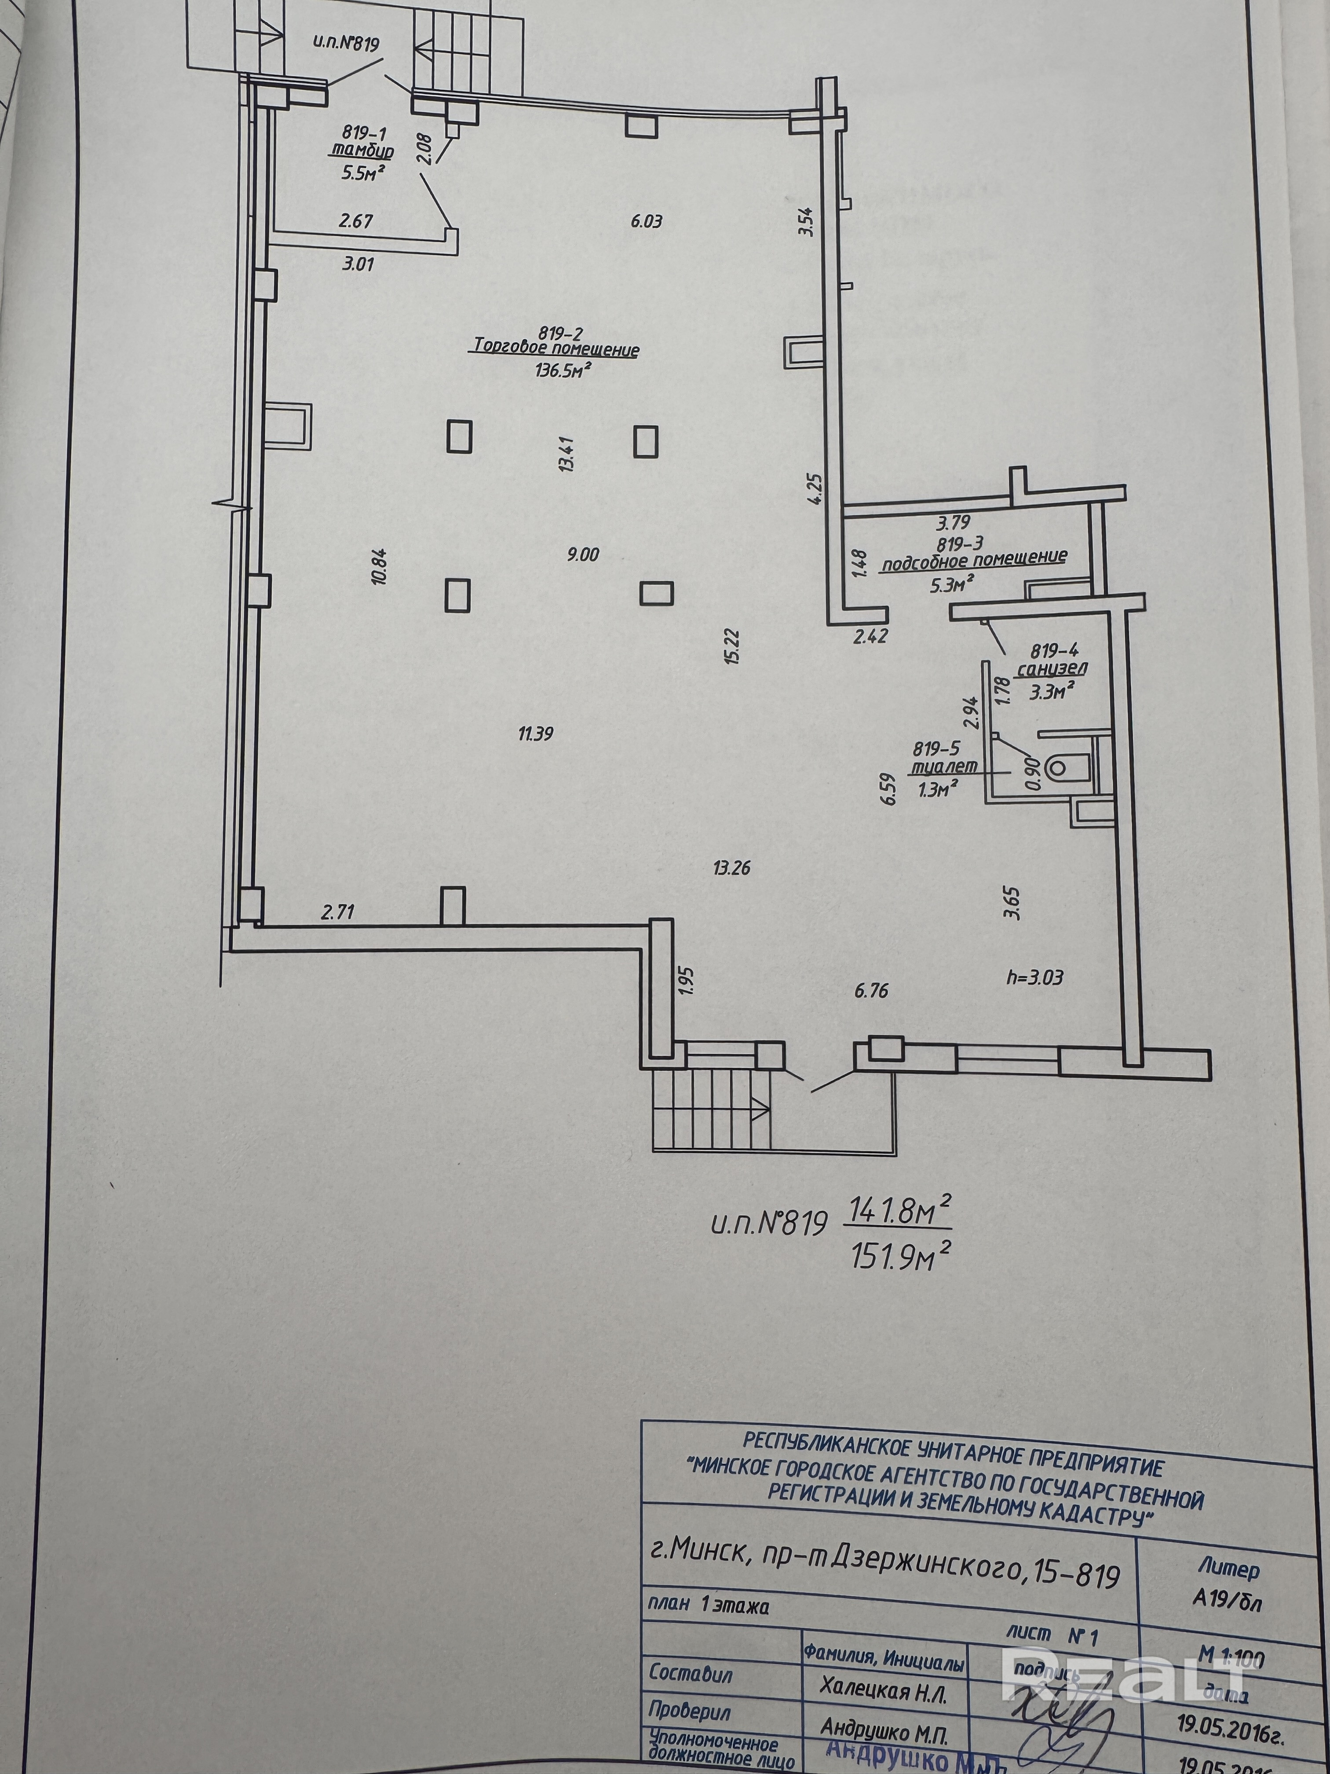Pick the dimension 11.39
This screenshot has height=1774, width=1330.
(536, 733)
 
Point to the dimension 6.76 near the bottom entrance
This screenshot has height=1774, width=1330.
(871, 991)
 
